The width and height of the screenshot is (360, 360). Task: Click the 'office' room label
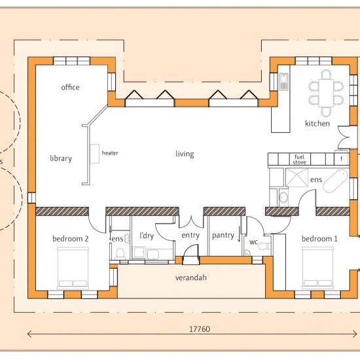(70, 87)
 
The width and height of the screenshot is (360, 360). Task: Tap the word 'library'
(61, 158)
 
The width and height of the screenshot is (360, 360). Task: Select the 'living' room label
(185, 154)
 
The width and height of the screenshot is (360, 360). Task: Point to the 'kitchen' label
(317, 124)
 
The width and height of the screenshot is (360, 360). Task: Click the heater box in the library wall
(95, 154)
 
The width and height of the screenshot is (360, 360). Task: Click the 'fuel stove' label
(299, 159)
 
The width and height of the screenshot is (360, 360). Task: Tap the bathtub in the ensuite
(335, 181)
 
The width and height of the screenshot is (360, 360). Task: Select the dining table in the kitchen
(326, 93)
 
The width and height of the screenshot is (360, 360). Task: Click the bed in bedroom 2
(73, 268)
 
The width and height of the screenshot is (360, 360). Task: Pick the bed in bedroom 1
(317, 268)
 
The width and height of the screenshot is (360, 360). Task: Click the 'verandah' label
(190, 278)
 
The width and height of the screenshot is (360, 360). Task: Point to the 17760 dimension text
(200, 329)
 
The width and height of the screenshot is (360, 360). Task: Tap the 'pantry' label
(223, 236)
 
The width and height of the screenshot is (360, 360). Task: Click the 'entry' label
(190, 236)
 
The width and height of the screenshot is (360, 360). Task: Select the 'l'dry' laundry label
(147, 236)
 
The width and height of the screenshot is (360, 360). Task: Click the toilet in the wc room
(264, 246)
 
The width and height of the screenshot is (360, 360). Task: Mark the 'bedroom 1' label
(319, 239)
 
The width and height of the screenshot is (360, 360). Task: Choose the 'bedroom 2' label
(70, 239)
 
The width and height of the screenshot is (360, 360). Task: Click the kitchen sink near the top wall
(284, 82)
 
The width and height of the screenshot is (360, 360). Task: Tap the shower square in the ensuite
(297, 177)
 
